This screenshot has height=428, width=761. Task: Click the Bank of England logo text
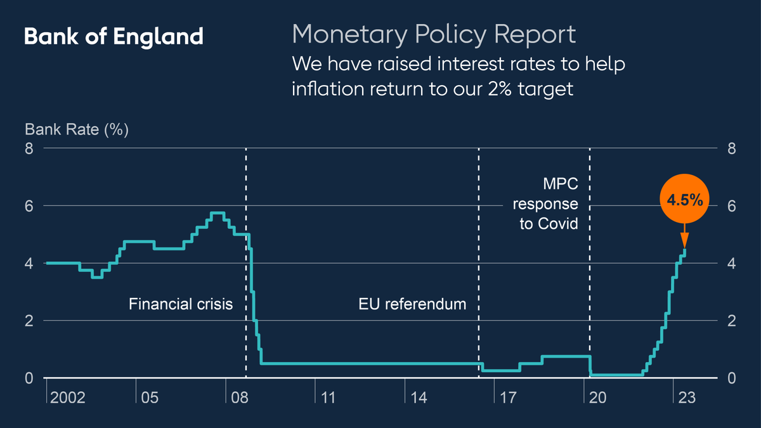pyautogui.click(x=114, y=36)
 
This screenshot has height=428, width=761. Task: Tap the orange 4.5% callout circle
pyautogui.click(x=684, y=200)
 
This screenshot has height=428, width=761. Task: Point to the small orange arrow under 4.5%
pyautogui.click(x=684, y=240)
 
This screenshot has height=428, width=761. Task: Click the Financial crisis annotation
pyautogui.click(x=181, y=304)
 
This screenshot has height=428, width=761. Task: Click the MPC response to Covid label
pyautogui.click(x=545, y=204)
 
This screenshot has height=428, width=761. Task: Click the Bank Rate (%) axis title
pyautogui.click(x=77, y=130)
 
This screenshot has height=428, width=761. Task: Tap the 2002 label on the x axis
pyautogui.click(x=68, y=398)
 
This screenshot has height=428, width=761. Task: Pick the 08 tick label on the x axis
pyautogui.click(x=238, y=398)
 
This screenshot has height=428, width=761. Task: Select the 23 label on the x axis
pyautogui.click(x=687, y=398)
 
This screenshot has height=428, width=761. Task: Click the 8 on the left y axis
pyautogui.click(x=29, y=148)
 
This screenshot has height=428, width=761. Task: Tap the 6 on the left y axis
pyautogui.click(x=29, y=205)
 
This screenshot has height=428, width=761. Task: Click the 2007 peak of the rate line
pyautogui.click(x=217, y=213)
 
